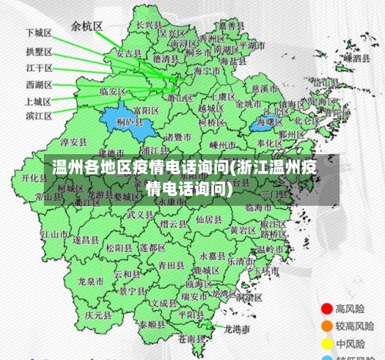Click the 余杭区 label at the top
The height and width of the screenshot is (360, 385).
coord(86,25)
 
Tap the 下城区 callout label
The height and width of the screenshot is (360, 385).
coord(38,34)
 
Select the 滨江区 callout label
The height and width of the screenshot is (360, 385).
coord(38,116)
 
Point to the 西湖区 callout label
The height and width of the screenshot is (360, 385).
coord(38,84)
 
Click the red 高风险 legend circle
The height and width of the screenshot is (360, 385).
coord(326,308)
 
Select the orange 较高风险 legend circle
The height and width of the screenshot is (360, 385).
coord(326,325)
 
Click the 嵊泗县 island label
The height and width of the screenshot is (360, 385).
coord(357,58)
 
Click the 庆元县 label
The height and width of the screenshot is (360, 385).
coord(99,315)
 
